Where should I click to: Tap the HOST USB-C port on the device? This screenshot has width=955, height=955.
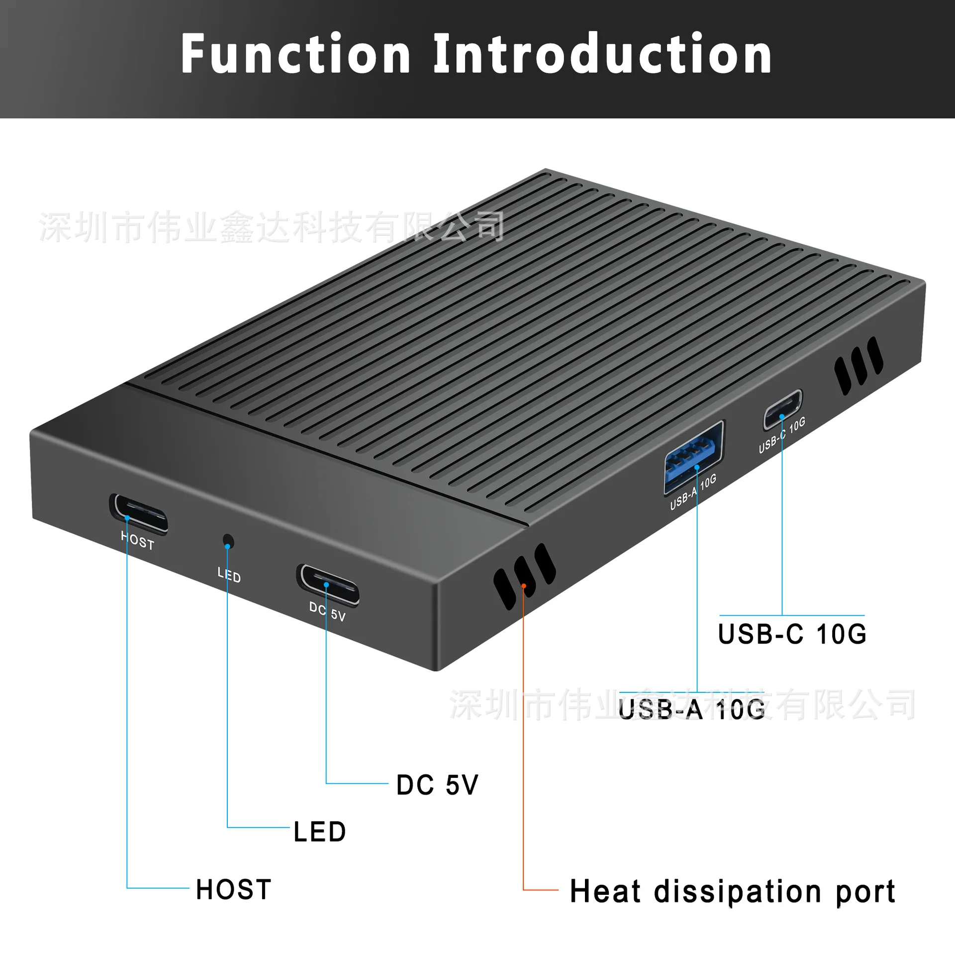click(139, 514)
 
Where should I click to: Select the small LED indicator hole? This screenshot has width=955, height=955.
click(228, 541)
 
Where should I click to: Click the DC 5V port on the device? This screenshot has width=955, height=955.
click(328, 585)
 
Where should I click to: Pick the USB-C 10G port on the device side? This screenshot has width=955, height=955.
click(783, 409)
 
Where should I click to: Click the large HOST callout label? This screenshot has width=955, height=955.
click(233, 889)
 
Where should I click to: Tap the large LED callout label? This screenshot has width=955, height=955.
click(319, 832)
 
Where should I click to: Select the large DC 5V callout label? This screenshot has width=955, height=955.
click(437, 785)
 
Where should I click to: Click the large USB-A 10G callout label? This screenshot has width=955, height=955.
click(691, 709)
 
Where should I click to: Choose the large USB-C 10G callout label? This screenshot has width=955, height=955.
click(792, 634)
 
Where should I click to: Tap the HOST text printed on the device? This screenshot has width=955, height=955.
click(138, 540)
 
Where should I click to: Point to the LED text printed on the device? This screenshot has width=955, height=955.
click(229, 575)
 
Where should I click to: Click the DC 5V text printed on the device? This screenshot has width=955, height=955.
click(327, 611)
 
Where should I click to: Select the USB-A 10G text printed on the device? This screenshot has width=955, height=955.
click(693, 492)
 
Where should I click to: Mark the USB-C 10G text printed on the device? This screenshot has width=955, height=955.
click(782, 435)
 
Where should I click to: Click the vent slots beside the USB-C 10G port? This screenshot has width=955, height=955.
click(859, 366)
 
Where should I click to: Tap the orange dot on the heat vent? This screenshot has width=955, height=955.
click(524, 586)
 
